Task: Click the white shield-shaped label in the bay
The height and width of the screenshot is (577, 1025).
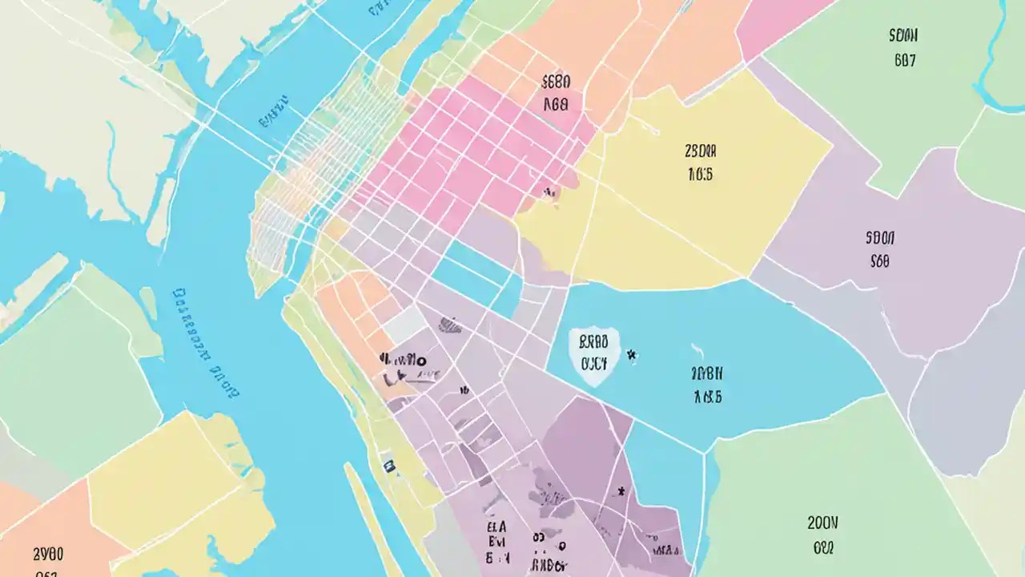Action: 593,355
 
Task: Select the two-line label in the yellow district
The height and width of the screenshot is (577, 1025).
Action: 700,163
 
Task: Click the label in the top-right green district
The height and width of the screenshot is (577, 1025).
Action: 903,47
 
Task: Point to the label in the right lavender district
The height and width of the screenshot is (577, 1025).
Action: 879,249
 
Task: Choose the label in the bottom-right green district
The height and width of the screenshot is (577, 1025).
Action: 822,535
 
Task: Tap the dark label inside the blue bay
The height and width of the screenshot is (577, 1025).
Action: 707,385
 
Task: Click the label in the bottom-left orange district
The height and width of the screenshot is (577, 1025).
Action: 48,561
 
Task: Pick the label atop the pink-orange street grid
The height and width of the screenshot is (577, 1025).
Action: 556,92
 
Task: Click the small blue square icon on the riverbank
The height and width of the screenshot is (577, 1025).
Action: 389,466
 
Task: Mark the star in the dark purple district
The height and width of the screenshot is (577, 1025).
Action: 620,490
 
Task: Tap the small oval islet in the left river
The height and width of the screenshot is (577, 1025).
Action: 148,305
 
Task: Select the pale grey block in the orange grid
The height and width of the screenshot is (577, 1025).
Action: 405,324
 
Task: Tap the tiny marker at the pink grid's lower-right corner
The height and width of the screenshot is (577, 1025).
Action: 549,192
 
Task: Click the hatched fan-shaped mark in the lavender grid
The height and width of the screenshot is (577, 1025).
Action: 451,325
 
